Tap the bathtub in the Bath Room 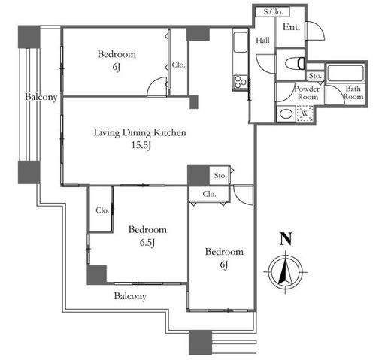point(345,74)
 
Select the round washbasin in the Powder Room point(286,114)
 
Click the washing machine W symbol point(305,113)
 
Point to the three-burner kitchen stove point(241,82)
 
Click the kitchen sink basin point(241,42)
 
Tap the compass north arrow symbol point(286,272)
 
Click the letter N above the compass point(286,239)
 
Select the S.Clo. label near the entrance point(273,11)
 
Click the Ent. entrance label point(291,27)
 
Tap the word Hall point(262,40)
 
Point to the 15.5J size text point(141,145)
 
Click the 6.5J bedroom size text point(147,243)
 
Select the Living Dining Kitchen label point(140,132)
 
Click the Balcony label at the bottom point(130,296)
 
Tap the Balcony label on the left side point(41,97)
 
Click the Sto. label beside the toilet point(315,75)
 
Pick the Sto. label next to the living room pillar point(220,176)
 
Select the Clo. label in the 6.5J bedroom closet point(102,210)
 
